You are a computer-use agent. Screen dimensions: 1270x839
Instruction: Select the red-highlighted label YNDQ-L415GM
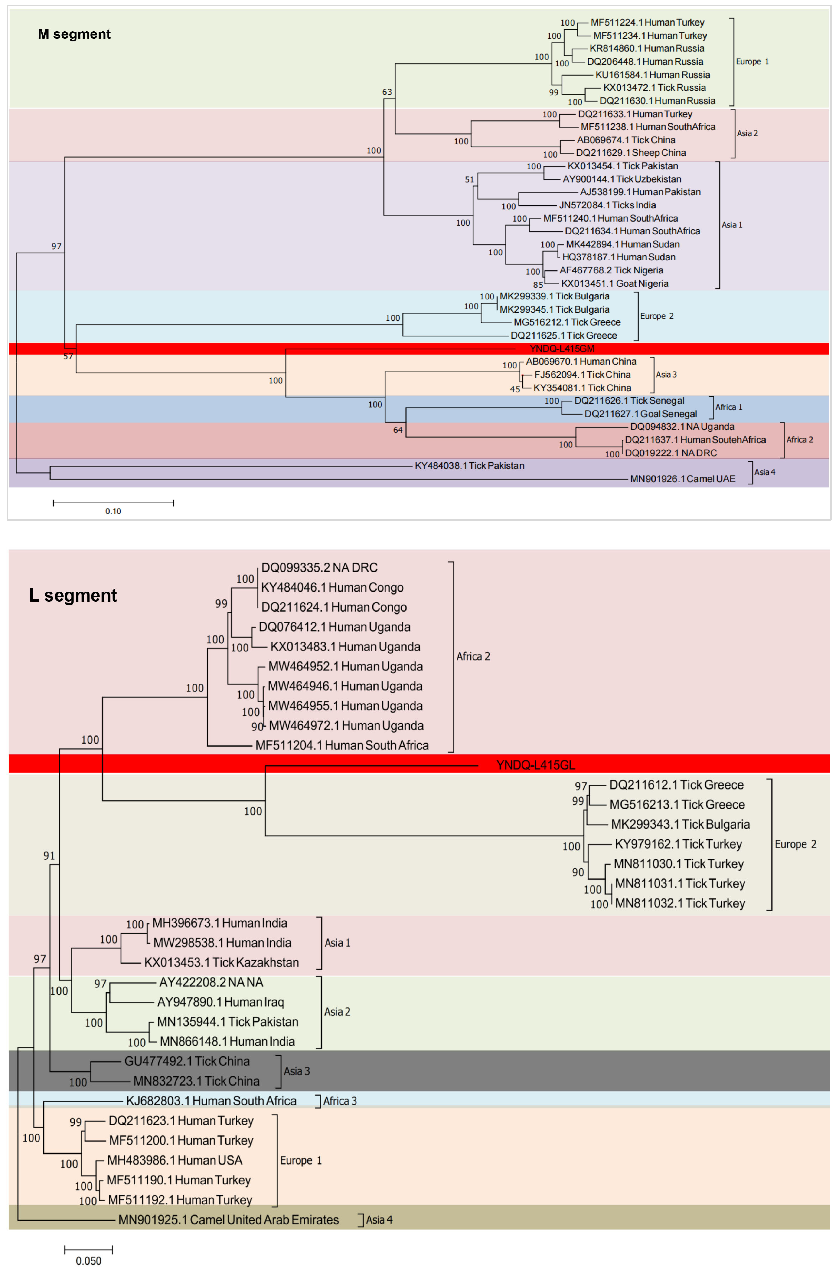point(562,349)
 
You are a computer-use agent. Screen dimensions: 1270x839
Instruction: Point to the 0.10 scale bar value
point(113,511)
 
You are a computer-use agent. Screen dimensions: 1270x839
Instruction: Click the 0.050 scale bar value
point(88,1261)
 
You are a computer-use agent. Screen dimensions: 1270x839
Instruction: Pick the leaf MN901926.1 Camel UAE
point(682,479)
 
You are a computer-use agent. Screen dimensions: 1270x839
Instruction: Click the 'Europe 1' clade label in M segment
point(752,62)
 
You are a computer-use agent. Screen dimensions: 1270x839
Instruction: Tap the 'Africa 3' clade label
point(340,1101)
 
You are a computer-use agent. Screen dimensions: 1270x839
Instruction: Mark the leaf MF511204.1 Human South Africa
point(342,745)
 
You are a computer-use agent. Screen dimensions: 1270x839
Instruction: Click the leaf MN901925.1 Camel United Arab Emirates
point(229,1220)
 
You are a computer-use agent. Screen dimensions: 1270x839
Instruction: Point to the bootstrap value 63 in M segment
point(387,92)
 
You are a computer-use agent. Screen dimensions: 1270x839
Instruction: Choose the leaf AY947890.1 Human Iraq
point(220,1002)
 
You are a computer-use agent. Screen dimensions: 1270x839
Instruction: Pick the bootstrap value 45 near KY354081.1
point(515,389)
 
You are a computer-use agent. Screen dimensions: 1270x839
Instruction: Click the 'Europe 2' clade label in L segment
point(795,844)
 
